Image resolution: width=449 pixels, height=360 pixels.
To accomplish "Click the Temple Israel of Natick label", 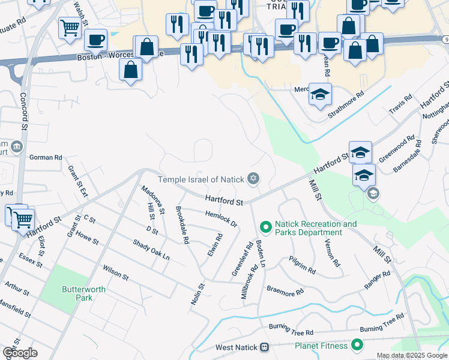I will click(200, 179).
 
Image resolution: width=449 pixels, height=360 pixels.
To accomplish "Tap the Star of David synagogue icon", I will click(253, 179).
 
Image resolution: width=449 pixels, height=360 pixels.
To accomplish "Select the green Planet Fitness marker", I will click(357, 345).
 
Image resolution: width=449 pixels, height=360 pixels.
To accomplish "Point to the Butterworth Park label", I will click(83, 293).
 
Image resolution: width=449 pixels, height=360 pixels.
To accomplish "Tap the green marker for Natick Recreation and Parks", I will click(265, 227).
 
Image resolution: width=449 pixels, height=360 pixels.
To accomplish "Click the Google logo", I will click(20, 353).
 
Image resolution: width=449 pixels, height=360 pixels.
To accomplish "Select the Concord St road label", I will click(24, 111).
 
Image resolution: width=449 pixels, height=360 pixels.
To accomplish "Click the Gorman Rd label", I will click(46, 157).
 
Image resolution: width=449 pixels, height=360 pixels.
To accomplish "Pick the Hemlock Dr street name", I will click(221, 219).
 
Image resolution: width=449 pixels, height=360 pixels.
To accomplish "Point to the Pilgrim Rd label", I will click(302, 263).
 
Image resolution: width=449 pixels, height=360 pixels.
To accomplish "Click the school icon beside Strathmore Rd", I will click(320, 94).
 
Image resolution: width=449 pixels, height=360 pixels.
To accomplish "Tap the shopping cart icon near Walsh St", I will click(70, 26).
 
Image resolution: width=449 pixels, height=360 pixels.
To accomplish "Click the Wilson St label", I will click(116, 272).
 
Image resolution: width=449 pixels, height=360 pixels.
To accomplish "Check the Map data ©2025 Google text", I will click(411, 355).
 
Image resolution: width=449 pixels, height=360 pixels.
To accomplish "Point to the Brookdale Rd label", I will click(182, 225).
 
